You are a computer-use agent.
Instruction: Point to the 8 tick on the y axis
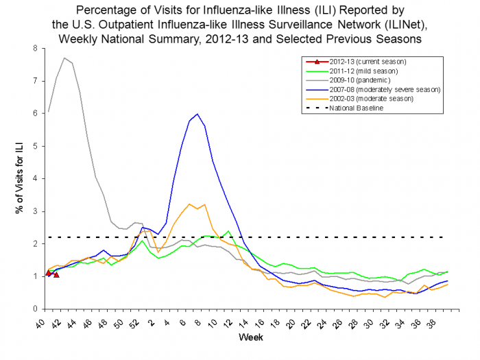tap(34, 49)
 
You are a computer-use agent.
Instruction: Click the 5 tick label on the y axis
tap(34, 146)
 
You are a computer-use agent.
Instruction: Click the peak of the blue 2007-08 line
tap(197, 114)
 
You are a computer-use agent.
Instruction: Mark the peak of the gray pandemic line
tap(64, 58)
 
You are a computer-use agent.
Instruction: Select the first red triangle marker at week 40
tap(47, 272)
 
